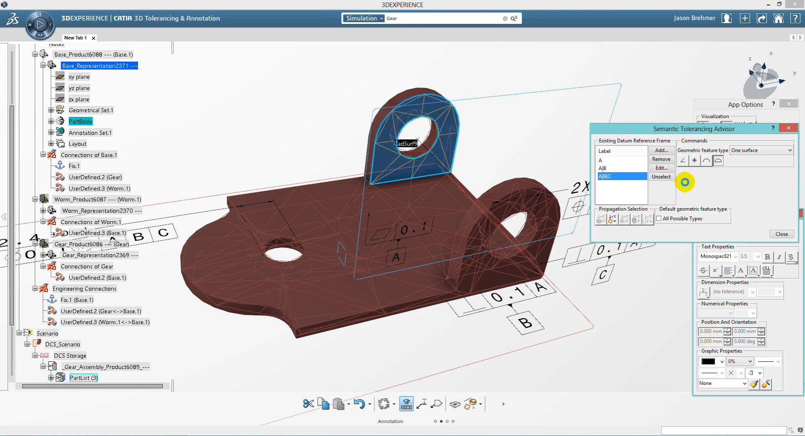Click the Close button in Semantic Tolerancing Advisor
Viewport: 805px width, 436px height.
782,234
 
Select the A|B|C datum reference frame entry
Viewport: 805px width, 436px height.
621,176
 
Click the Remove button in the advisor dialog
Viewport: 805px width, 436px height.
661,159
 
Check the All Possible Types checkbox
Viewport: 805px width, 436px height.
659,219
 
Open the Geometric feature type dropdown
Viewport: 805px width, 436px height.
761,150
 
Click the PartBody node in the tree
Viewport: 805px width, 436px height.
80,121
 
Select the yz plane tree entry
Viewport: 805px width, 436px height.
79,88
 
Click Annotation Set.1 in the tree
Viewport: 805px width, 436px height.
90,133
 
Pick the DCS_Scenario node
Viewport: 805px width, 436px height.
62,344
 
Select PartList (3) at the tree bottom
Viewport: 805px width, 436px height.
83,378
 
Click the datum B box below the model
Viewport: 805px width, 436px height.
525,322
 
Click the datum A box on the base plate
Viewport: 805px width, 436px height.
395,257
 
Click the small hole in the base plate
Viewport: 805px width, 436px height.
283,254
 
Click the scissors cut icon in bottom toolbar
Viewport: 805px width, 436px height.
308,404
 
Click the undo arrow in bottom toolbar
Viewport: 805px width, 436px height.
359,404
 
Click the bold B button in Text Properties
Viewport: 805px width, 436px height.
767,257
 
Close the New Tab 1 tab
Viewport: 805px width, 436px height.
93,38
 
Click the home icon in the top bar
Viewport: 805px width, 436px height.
778,18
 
